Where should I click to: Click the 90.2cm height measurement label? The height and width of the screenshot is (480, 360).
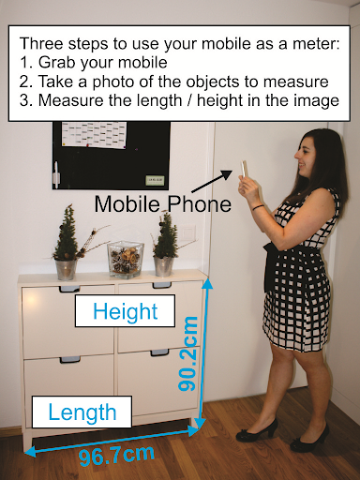(x=188, y=353)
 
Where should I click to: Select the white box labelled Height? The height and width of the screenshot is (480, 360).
(x=125, y=311)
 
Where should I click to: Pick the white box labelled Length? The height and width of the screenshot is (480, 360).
(x=82, y=412)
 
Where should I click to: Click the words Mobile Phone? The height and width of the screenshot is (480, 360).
(x=163, y=204)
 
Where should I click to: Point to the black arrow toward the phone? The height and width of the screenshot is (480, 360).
(x=212, y=181)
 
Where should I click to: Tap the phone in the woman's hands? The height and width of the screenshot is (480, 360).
(x=244, y=169)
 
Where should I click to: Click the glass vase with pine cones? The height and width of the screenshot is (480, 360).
(x=126, y=260)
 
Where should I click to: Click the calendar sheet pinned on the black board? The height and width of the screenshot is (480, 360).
(x=95, y=135)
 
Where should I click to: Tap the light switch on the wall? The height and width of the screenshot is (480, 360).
(x=187, y=232)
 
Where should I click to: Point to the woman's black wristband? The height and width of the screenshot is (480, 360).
(x=259, y=207)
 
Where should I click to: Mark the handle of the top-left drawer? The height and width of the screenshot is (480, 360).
(x=69, y=288)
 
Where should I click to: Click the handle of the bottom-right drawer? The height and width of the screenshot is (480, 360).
(x=159, y=352)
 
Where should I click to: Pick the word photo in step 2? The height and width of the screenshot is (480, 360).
(x=112, y=82)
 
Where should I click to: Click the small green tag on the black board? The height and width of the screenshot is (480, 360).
(x=155, y=180)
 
